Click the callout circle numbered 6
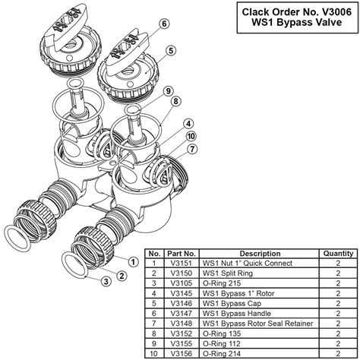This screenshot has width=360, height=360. pos(163,24)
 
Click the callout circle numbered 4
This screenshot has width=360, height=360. pos(187,123)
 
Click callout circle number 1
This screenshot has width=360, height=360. pos(133,262)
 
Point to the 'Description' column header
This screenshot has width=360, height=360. pos(260,252)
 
